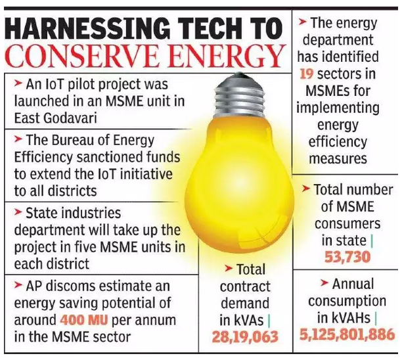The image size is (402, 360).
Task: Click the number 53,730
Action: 347,257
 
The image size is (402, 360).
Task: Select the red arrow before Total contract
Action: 228,269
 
